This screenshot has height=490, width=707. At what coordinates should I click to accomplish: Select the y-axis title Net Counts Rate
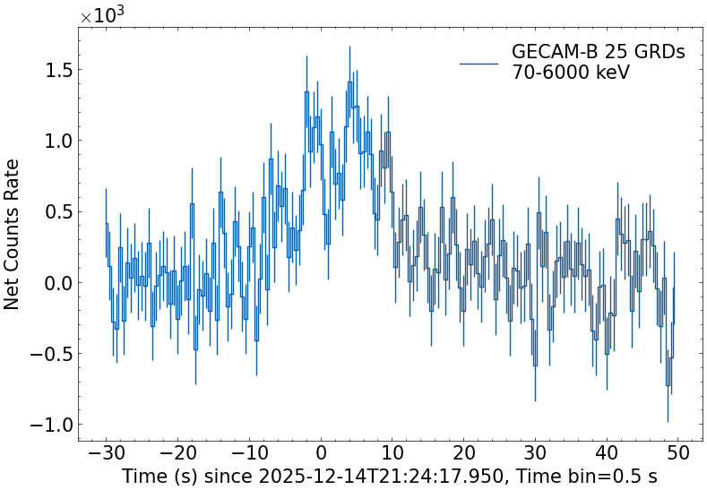coord(13,234)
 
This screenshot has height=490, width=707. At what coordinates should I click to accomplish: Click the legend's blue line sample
coord(479,63)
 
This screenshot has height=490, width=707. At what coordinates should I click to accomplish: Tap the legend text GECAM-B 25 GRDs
coord(598,52)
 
